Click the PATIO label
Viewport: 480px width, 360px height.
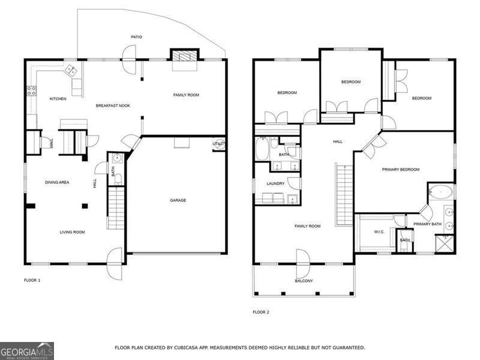coord(136,37)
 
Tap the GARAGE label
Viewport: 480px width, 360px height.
coord(178,200)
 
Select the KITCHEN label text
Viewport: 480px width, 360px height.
coord(58,99)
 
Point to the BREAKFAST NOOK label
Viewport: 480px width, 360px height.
coord(113,106)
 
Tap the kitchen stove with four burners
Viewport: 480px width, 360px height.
coord(31,92)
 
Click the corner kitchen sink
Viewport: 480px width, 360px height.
coord(71,71)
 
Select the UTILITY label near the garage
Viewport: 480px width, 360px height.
coord(219,144)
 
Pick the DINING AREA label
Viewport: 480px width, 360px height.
coord(57,182)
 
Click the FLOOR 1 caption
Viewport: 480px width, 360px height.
coord(32,280)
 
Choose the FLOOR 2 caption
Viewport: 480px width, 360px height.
coord(261,312)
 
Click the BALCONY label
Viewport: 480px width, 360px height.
coord(304,281)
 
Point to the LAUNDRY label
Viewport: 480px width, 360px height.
coord(275,184)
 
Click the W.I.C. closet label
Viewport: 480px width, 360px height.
coord(379,232)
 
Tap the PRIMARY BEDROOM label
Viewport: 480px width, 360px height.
coord(401,170)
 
